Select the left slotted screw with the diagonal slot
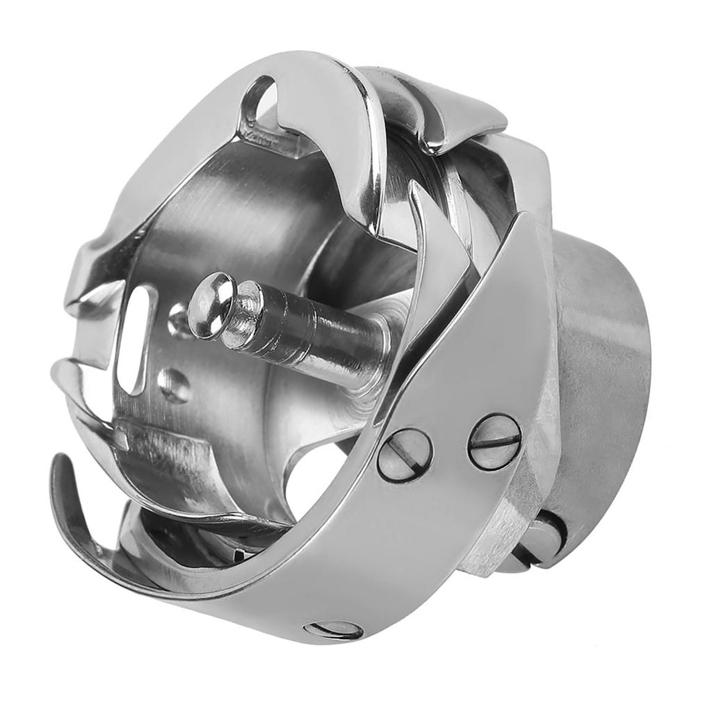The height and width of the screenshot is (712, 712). [x=405, y=455]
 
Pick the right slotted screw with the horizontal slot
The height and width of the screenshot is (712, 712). [x=494, y=442]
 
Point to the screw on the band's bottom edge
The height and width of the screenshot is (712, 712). [x=334, y=630]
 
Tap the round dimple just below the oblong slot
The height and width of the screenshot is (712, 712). [x=173, y=385]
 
